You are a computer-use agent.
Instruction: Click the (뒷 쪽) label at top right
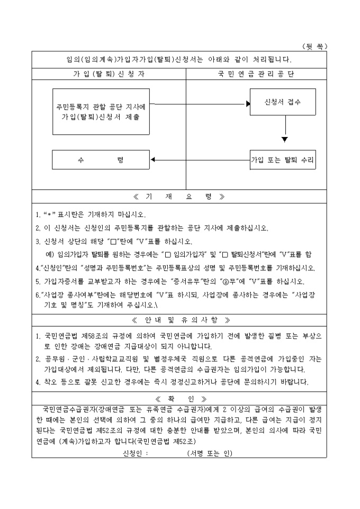[314, 47]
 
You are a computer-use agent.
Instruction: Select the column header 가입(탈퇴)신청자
[109, 74]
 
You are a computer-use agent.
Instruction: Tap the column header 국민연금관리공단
[256, 74]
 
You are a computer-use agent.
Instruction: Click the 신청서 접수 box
[283, 103]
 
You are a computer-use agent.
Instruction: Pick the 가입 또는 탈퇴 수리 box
[283, 159]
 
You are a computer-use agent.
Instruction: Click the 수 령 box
[101, 159]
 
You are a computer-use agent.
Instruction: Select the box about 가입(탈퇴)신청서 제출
[101, 112]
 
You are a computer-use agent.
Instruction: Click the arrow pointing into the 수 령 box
[154, 159]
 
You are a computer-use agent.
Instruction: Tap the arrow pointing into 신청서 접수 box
[247, 103]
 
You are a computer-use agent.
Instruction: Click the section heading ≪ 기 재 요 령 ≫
[179, 197]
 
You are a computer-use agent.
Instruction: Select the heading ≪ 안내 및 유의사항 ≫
[179, 321]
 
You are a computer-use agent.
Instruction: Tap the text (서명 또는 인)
[210, 453]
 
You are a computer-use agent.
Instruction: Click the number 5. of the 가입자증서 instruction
[38, 281]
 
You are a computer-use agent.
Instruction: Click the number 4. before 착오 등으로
[38, 382]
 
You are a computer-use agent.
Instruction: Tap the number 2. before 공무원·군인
[38, 359]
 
